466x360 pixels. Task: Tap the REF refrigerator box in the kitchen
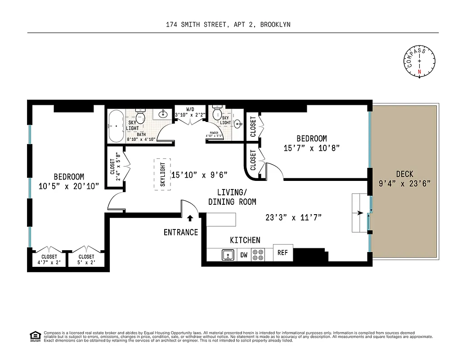283,253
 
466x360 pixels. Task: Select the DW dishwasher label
243,255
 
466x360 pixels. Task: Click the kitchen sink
228,255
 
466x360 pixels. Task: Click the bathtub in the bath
116,126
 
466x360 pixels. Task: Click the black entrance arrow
190,218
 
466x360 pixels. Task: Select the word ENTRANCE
180,232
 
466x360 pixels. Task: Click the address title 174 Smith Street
228,25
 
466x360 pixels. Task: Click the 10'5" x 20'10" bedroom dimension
69,186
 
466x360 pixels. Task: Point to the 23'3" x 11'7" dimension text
293,218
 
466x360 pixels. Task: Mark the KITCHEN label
245,240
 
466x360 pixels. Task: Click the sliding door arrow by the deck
359,214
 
